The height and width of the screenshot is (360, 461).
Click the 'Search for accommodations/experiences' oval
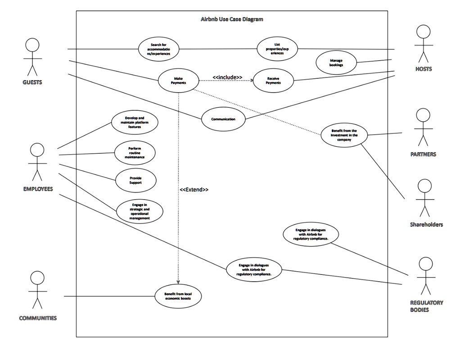tap(159, 49)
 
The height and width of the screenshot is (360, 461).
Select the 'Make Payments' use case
tap(178, 80)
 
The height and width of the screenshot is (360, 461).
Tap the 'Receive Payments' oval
tap(273, 80)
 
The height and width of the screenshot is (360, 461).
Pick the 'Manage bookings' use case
tap(336, 63)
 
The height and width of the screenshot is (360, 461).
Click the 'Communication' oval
tap(223, 119)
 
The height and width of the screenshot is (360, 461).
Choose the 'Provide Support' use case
tap(136, 180)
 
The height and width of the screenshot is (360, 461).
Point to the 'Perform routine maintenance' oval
tap(135, 152)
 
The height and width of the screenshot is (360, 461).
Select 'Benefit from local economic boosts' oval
tap(178, 296)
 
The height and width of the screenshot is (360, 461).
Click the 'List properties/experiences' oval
tap(277, 49)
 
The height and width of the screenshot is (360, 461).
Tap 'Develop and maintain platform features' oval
tap(135, 122)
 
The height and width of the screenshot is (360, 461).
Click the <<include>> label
tap(227, 77)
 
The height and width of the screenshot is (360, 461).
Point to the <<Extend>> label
tap(194, 190)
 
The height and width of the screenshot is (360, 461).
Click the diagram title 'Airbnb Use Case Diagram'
tap(232, 19)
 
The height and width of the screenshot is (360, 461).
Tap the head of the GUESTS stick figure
tap(32, 45)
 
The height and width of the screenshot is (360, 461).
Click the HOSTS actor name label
tap(424, 69)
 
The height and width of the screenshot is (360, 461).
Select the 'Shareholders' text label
tap(426, 224)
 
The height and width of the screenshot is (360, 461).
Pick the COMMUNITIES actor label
tap(38, 318)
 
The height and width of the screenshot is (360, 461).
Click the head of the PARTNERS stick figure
tap(423, 115)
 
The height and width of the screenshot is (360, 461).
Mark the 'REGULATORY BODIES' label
tap(427, 306)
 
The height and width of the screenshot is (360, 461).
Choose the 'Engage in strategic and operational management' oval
tap(140, 211)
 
